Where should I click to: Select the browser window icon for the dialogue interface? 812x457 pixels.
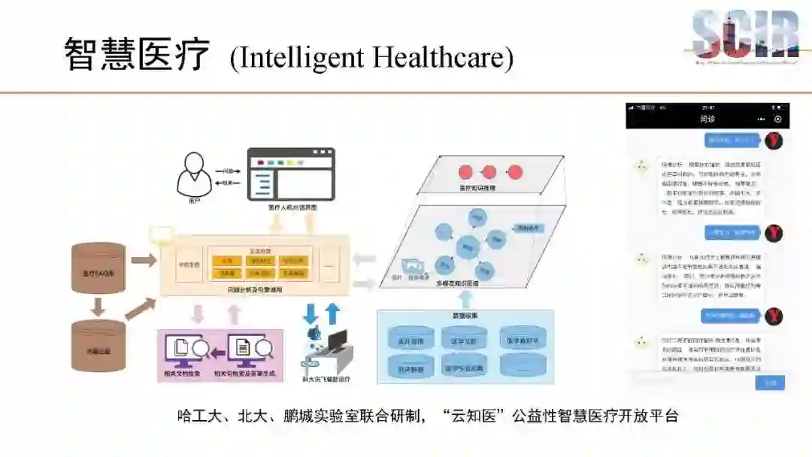pos(292,174)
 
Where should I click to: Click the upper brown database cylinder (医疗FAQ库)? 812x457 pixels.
pos(98,268)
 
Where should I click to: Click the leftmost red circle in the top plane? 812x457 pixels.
pos(465,171)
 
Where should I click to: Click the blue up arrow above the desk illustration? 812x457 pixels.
pos(332,313)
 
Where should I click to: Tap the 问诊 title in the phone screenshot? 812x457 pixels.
pos(707,119)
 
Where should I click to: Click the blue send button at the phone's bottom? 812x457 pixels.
pos(770,383)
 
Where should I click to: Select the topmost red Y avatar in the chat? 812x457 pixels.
pos(774,141)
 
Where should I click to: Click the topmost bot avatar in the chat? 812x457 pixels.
pos(641,167)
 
